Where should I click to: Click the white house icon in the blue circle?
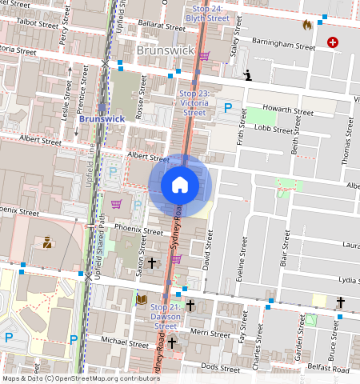pyautogui.click(x=180, y=185)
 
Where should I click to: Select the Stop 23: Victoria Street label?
pyautogui.click(x=194, y=103)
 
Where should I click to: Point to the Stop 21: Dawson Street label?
pyautogui.click(x=166, y=316)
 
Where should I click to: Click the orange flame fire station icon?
pyautogui.click(x=306, y=25)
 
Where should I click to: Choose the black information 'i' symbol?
pyautogui.click(x=248, y=76)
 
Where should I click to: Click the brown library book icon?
pyautogui.click(x=142, y=299)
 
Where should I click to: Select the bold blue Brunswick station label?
pyautogui.click(x=102, y=118)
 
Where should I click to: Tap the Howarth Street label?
pyautogui.click(x=290, y=112)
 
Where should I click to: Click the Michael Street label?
pyautogui.click(x=126, y=342)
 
